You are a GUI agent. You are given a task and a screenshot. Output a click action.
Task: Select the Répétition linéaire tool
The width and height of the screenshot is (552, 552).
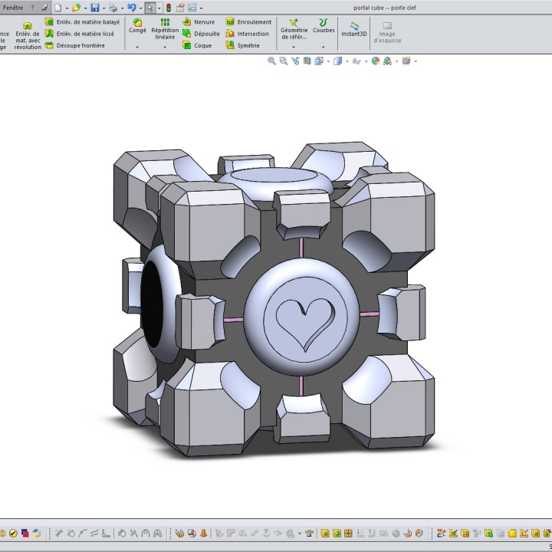pyautogui.click(x=165, y=29)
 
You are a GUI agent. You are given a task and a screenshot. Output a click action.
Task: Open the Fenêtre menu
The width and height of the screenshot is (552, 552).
pyautogui.click(x=13, y=7)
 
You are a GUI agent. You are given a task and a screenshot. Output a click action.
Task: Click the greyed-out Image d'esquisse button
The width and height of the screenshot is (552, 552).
pyautogui.click(x=387, y=32)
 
